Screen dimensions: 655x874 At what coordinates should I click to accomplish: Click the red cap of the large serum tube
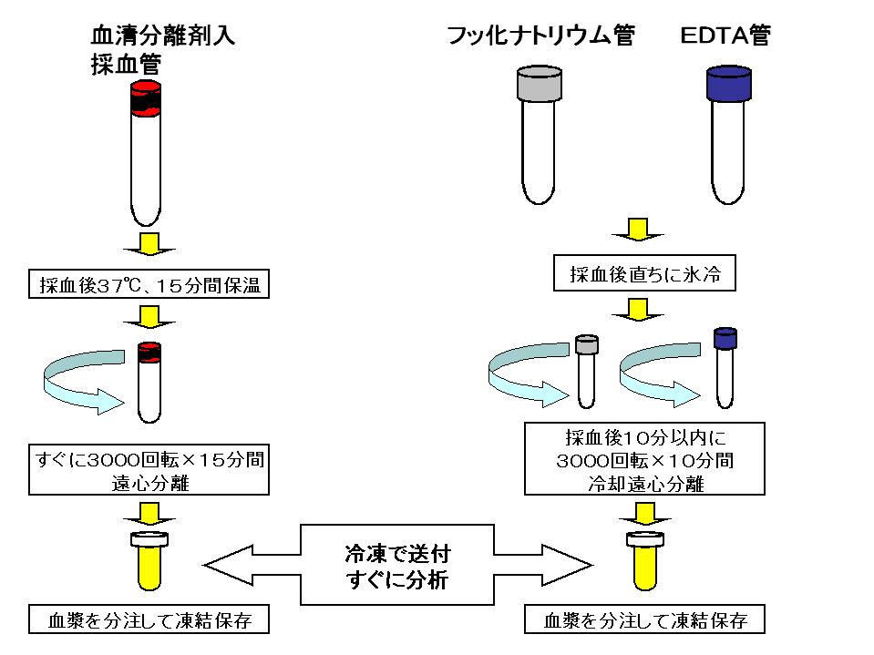coord(146,97)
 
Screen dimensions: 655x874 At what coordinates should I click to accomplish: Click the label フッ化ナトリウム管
coord(540,36)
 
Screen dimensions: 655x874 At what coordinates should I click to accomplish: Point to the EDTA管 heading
coord(725,36)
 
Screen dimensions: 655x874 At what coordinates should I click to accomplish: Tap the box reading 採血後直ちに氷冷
coord(644,274)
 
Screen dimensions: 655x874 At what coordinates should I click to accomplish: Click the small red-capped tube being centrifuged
coord(149,383)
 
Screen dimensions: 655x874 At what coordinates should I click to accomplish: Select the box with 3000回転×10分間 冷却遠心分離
coord(644,460)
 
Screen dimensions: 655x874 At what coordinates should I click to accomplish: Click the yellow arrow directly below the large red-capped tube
coord(149,246)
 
